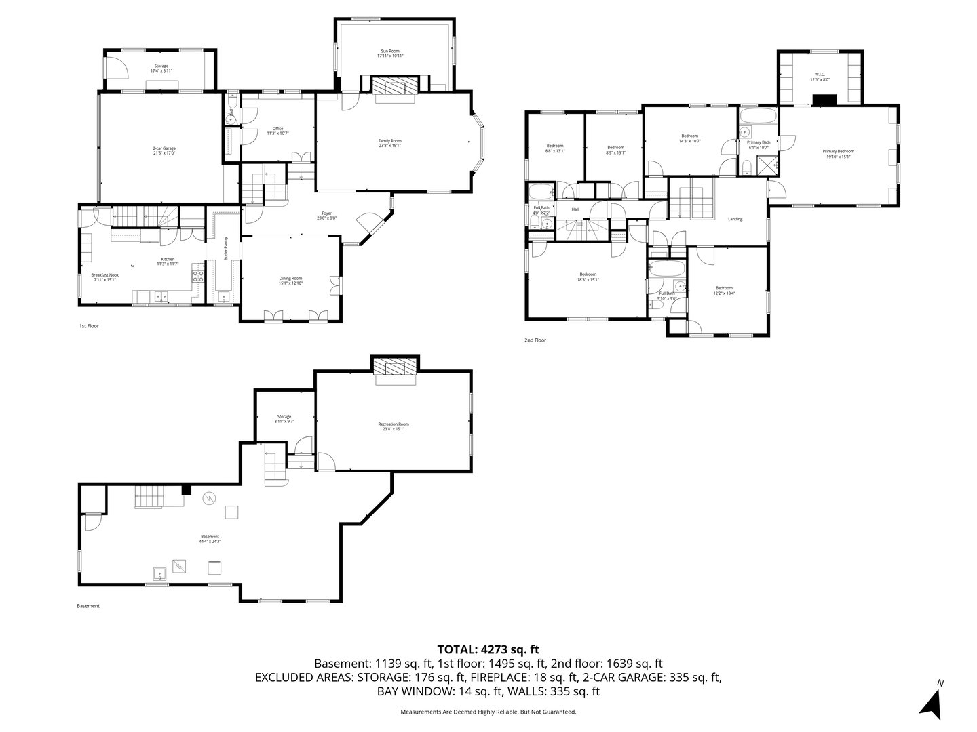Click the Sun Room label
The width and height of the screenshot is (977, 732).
click(x=390, y=54)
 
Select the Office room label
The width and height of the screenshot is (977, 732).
click(x=277, y=131)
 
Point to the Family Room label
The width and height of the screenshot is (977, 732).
click(x=389, y=143)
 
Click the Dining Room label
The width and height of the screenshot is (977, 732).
click(x=290, y=280)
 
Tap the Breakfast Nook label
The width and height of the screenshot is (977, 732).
click(x=104, y=277)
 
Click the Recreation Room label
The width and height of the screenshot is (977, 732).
click(x=394, y=426)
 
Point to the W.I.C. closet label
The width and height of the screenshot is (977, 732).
click(x=820, y=77)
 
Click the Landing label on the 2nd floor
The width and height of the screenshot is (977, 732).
click(x=735, y=219)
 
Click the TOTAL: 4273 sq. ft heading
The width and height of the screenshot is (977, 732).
click(x=488, y=649)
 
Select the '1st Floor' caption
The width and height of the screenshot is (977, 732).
click(x=89, y=326)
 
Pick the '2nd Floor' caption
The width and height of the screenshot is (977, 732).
click(x=535, y=340)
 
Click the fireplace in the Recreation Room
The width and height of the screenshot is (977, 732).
click(x=394, y=368)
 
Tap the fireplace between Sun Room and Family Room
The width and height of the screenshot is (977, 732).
click(x=395, y=86)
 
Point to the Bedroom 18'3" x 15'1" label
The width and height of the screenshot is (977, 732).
click(x=588, y=277)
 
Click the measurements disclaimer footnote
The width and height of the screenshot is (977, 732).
click(x=488, y=712)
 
